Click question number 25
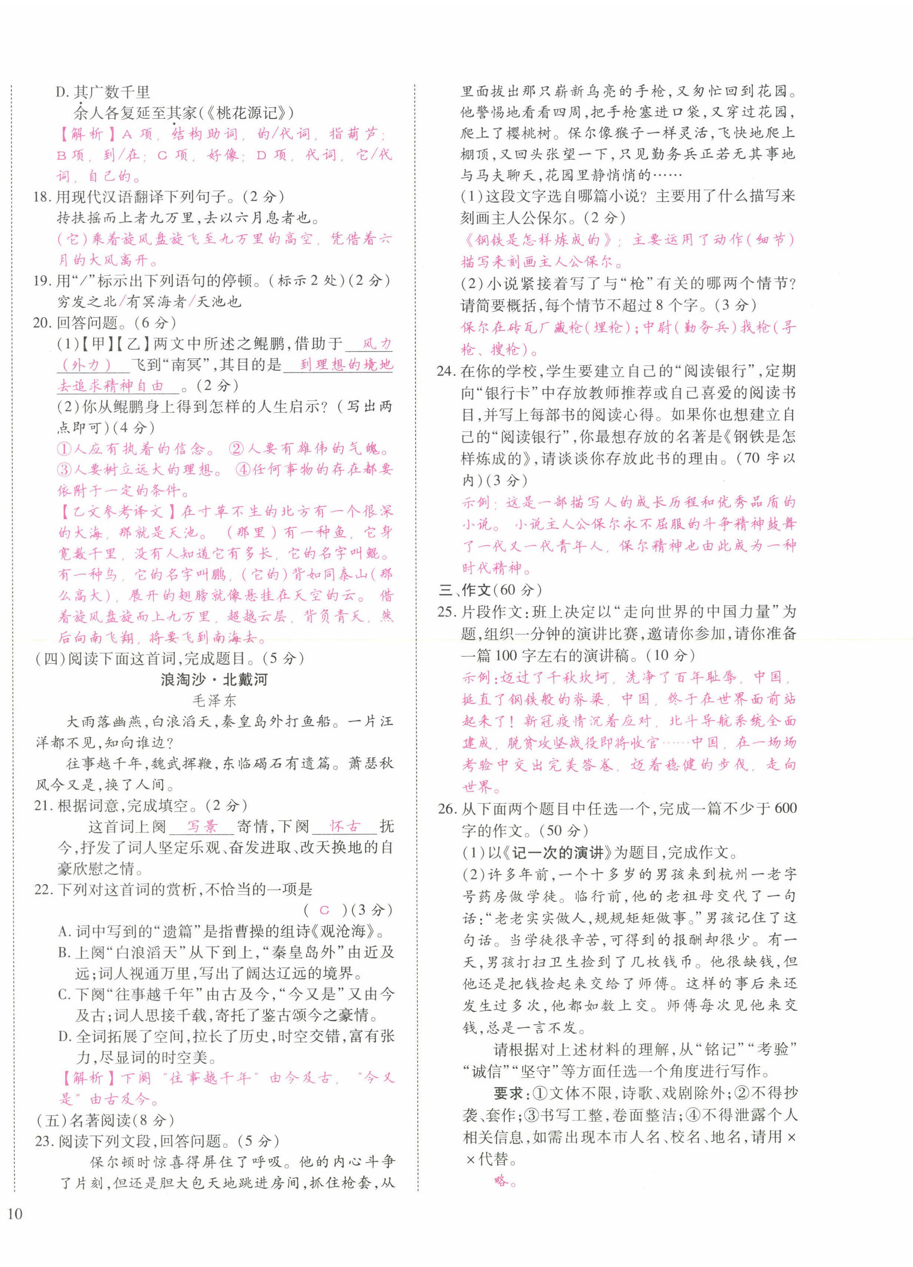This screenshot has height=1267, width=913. [447, 612]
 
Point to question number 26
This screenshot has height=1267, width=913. [447, 808]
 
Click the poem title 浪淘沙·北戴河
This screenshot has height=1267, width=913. [214, 680]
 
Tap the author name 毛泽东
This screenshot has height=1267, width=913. [214, 700]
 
